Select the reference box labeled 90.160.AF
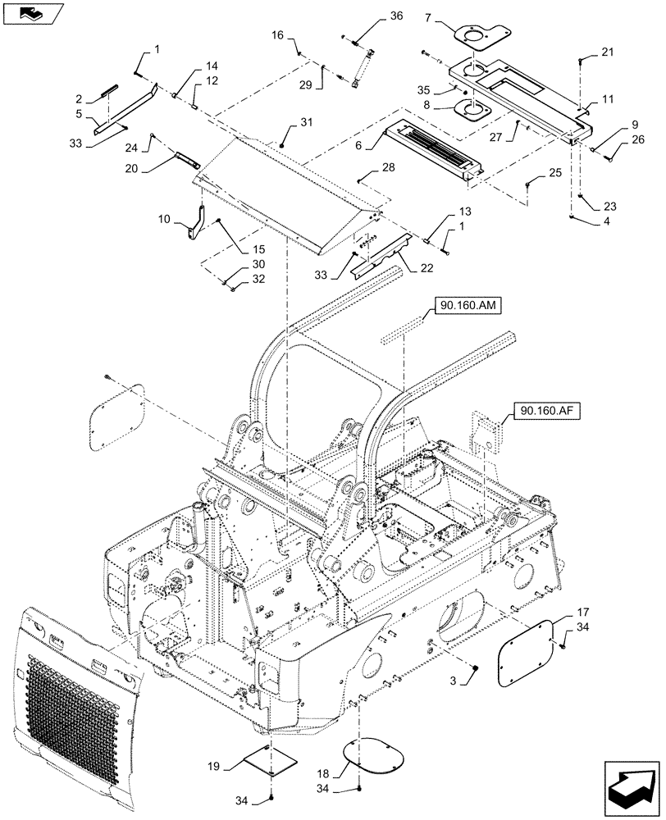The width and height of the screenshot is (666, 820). pyautogui.click(x=547, y=410)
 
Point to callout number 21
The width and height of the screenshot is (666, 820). pyautogui.click(x=606, y=52)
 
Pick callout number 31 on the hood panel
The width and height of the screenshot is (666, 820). pyautogui.click(x=305, y=123)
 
